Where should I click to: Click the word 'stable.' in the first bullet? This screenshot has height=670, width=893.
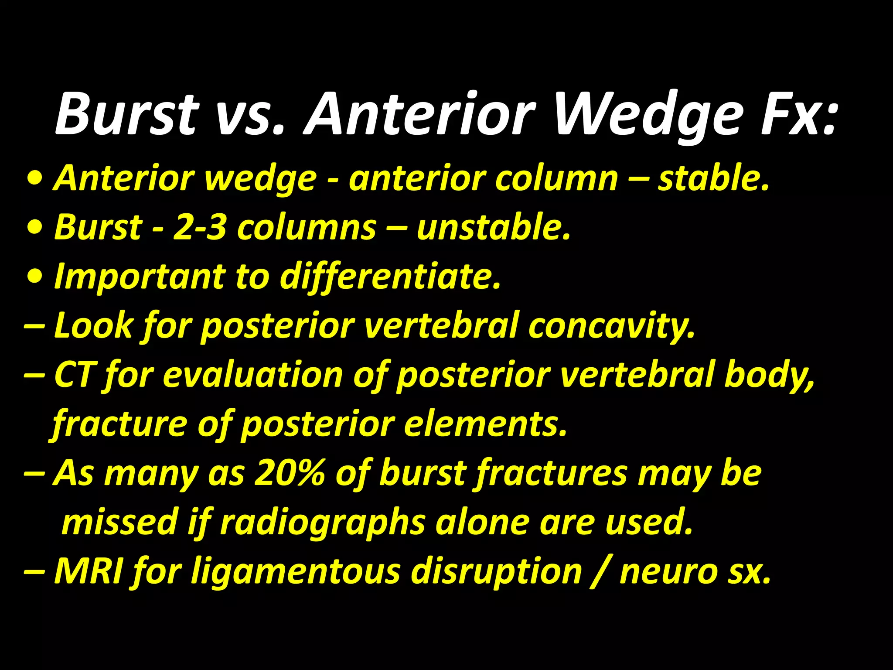(x=714, y=179)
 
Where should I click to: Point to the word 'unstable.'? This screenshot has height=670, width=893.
(x=494, y=228)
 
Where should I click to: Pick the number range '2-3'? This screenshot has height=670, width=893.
(x=199, y=228)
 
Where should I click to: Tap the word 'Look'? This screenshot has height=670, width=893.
(x=93, y=325)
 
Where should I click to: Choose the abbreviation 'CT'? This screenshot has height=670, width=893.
(x=73, y=374)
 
